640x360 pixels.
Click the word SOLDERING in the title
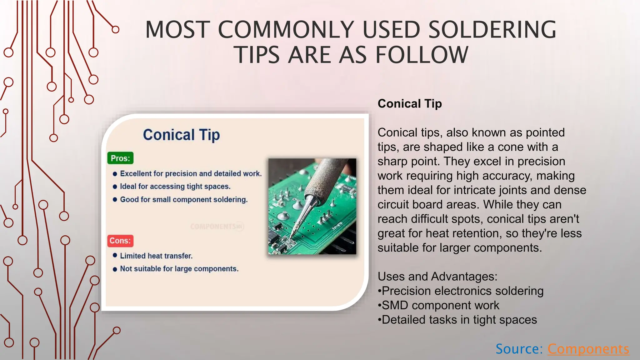click(492, 30)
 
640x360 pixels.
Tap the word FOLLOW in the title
click(422, 55)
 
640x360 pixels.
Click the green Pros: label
click(120, 158)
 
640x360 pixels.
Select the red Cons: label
click(120, 241)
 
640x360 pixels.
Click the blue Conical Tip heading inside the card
click(181, 135)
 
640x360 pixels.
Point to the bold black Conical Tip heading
click(410, 104)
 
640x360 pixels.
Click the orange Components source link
click(588, 349)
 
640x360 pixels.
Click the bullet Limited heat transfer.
click(156, 256)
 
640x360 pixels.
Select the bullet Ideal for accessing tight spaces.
click(175, 187)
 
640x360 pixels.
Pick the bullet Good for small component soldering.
click(184, 200)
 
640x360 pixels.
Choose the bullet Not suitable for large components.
click(179, 269)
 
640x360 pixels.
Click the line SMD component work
click(440, 305)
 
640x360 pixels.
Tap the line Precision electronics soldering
click(462, 291)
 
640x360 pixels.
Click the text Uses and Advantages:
click(437, 277)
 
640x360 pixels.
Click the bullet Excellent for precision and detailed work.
click(191, 174)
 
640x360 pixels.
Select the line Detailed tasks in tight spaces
click(459, 320)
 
